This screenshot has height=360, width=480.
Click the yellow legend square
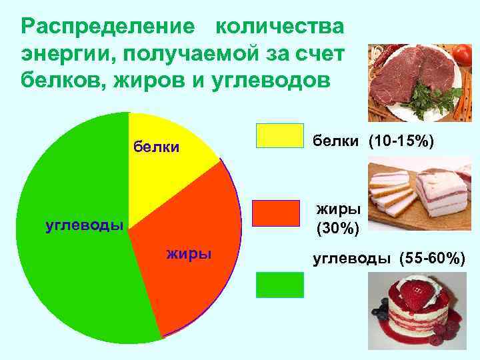click(280, 135)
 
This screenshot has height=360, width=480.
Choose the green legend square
click(280, 285)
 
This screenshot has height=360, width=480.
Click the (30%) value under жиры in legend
click(339, 229)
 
